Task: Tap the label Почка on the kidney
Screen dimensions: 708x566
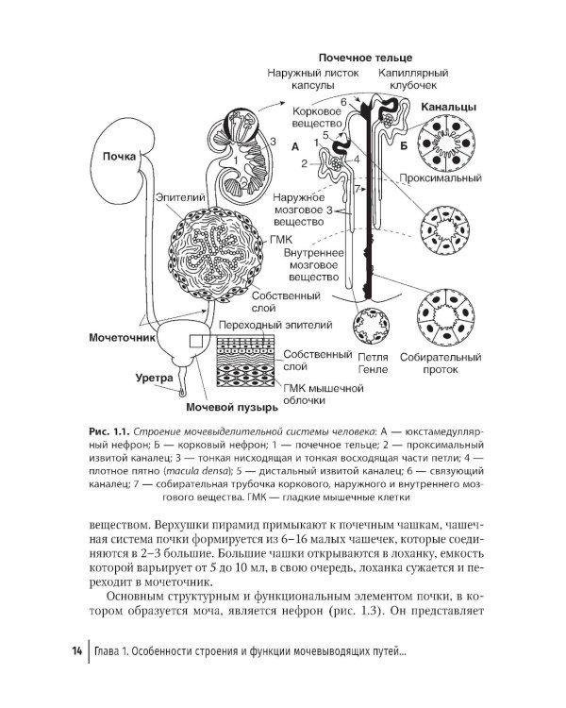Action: coord(120,157)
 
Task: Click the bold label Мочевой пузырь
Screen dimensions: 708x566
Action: coord(231,408)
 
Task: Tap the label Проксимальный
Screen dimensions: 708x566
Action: coord(441,177)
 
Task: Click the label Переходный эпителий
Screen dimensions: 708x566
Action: coord(274,326)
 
